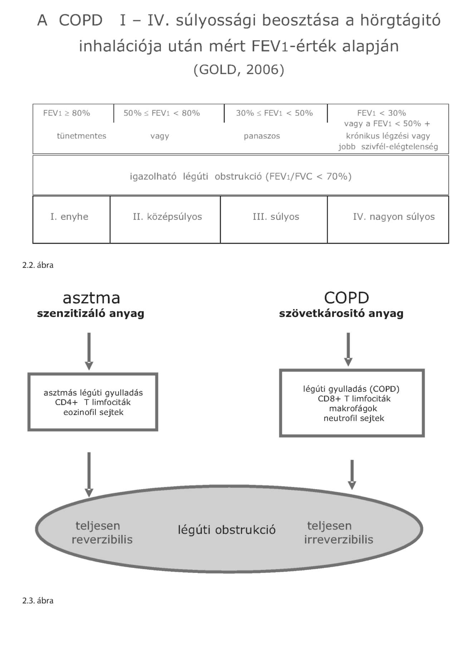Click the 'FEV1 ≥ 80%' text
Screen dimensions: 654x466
[67, 113]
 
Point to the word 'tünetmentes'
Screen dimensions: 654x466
[82, 136]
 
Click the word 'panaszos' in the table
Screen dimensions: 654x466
[262, 136]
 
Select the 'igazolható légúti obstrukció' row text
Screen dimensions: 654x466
[241, 176]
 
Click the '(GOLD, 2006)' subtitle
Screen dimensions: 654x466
[239, 69]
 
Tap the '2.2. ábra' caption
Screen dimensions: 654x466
[38, 265]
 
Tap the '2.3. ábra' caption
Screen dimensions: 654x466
[38, 601]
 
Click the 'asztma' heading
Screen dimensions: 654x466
[91, 298]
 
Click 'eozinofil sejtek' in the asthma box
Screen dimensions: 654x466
[93, 413]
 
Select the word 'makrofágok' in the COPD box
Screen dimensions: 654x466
[353, 409]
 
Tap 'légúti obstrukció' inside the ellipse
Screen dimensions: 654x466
[227, 530]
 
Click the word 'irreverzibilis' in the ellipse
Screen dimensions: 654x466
[339, 540]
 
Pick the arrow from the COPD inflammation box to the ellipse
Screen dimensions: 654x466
[352, 474]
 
